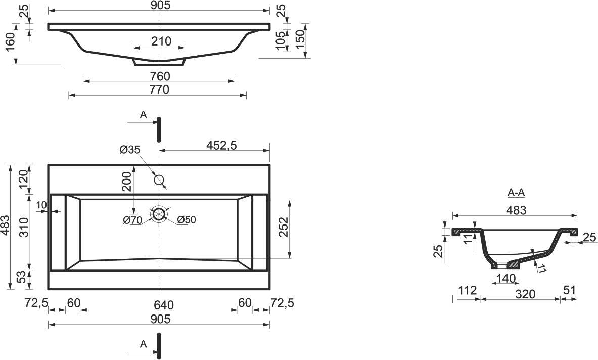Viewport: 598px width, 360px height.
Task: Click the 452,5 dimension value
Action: tap(221, 145)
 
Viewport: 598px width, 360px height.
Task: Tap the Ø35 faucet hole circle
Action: tap(159, 179)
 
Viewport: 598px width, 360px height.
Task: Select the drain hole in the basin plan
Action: tap(159, 214)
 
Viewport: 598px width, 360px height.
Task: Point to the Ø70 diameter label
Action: tap(133, 220)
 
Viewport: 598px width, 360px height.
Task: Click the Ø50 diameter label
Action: tap(187, 220)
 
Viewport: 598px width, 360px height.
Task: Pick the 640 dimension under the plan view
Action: tap(164, 305)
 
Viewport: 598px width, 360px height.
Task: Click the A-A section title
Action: tap(516, 193)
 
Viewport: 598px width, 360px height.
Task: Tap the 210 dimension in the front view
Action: tap(161, 41)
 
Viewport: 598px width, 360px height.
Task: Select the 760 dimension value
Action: tap(160, 76)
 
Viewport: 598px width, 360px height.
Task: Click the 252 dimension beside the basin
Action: tap(284, 228)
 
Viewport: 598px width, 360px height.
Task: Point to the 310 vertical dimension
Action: tap(24, 228)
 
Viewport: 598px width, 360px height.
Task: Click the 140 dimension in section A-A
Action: tap(506, 279)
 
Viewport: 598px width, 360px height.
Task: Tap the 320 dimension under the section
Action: tap(526, 294)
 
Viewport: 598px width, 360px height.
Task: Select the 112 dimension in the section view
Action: tap(467, 291)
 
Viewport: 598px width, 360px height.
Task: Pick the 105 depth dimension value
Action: tap(281, 40)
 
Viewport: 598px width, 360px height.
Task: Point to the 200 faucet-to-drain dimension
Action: tap(126, 182)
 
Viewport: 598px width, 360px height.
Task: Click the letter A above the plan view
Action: tap(144, 115)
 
